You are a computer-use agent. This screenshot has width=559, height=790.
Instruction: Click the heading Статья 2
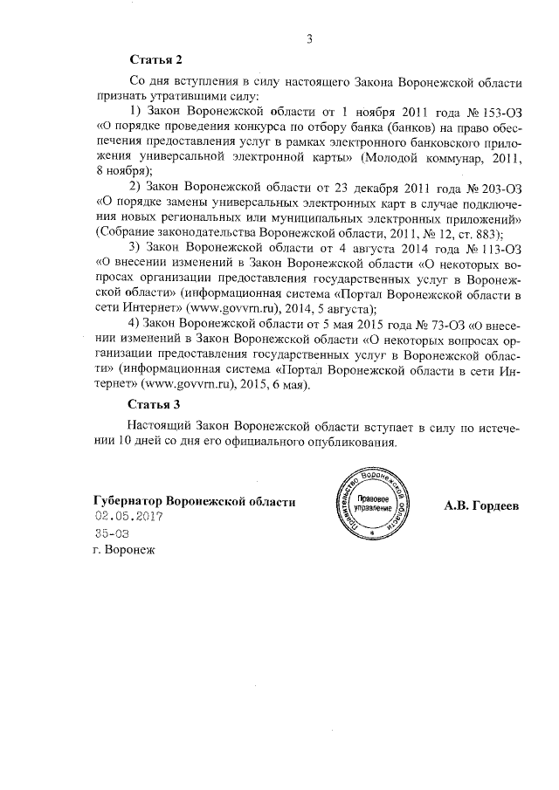(155, 60)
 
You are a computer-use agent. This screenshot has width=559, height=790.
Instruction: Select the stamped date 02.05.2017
(129, 517)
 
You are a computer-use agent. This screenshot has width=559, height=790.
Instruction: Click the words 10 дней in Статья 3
(134, 442)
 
